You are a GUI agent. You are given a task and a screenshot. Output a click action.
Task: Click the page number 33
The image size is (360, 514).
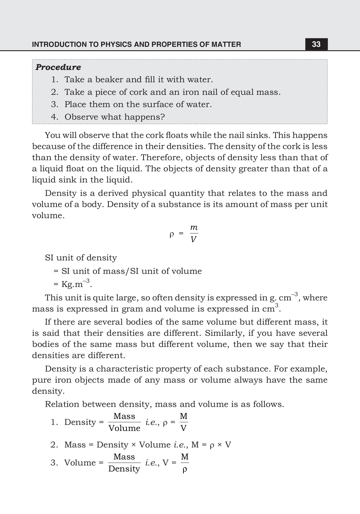pos(316,44)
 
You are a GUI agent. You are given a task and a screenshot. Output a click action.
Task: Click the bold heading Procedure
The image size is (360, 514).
pos(58,67)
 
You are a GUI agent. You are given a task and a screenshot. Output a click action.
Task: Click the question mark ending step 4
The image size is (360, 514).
pos(163,117)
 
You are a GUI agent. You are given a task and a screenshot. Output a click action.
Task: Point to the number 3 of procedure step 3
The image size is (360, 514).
pos(54,105)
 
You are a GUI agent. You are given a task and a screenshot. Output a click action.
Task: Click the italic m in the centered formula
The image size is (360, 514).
pos(194,228)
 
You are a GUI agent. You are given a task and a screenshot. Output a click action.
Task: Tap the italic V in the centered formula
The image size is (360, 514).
pos(193,239)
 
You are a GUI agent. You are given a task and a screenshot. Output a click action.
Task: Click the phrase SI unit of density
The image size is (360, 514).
pos(81,258)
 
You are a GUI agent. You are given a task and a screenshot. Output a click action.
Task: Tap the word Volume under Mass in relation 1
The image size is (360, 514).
pos(124,428)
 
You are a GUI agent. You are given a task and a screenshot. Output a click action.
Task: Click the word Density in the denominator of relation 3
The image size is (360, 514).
pos(124,469)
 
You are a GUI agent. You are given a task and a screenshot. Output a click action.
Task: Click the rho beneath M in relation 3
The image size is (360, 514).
pos(185,469)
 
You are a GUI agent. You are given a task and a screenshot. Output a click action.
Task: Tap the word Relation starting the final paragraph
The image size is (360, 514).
pos(62,404)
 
